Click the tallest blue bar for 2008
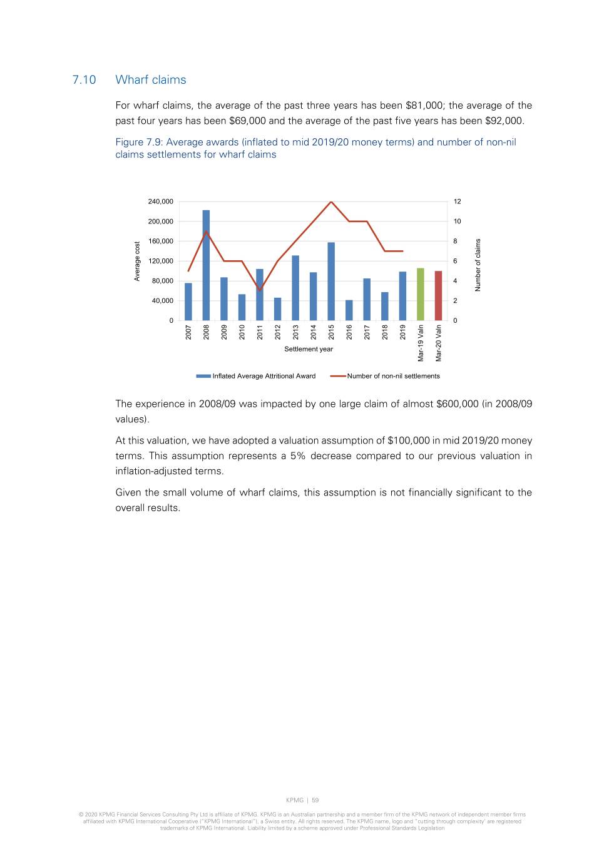206,266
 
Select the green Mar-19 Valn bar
421,294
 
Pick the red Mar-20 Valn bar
438,295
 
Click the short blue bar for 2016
349,310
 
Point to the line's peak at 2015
331,202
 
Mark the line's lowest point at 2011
260,290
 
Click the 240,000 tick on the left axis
161,201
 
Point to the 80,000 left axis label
163,281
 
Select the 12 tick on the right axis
458,201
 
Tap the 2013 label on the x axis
295,332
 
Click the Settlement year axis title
309,349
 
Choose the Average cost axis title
137,261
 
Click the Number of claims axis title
478,265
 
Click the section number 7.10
84,80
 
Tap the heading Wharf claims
151,80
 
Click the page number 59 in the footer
315,800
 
